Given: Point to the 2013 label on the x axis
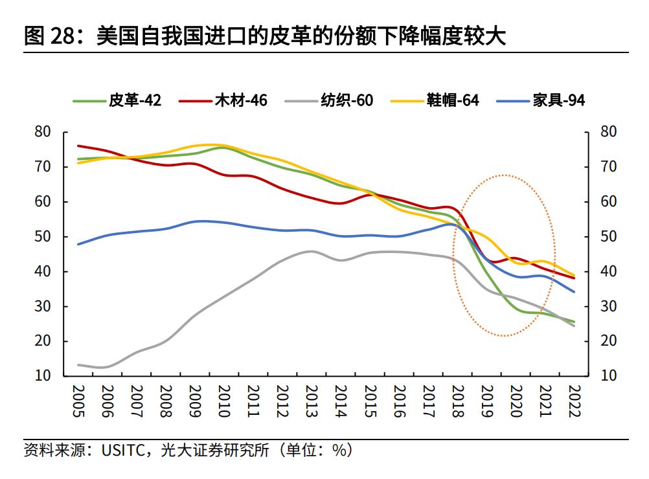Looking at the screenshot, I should [312, 401].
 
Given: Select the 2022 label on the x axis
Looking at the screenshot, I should [573, 401].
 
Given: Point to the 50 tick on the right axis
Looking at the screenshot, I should [608, 237].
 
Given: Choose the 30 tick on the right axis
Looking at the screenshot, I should [608, 306].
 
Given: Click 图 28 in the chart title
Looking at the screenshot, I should [49, 36].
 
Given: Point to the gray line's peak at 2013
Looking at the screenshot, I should [311, 251].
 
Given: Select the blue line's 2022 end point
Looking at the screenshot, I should [573, 291].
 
